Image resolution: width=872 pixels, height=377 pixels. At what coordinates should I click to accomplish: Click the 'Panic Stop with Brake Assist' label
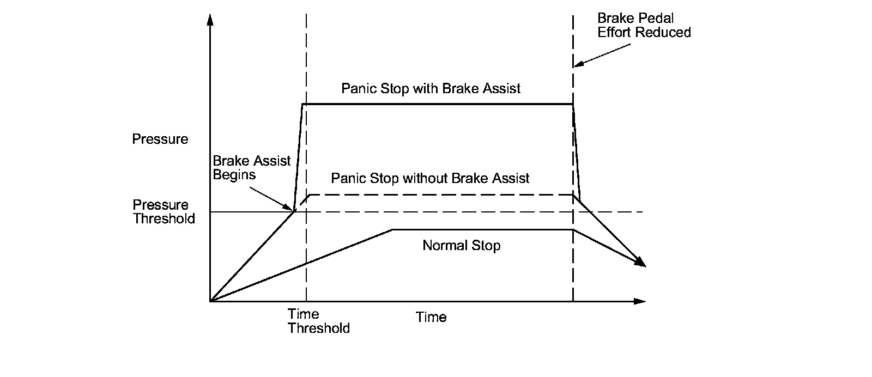pyautogui.click(x=431, y=88)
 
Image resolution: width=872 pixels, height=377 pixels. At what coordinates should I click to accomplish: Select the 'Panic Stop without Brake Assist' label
pyautogui.click(x=430, y=178)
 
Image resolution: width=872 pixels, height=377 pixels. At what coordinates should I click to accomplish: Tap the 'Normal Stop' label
pyautogui.click(x=461, y=246)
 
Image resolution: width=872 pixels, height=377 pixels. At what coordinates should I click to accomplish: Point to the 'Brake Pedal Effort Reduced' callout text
pyautogui.click(x=644, y=25)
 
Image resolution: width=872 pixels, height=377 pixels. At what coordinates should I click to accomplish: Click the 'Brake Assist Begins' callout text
pyautogui.click(x=251, y=168)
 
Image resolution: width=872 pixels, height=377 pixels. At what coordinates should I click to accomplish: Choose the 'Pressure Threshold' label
pyautogui.click(x=163, y=212)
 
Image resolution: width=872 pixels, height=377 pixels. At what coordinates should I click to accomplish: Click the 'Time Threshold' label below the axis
pyautogui.click(x=318, y=321)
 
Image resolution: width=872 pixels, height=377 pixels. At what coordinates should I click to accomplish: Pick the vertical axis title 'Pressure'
pyautogui.click(x=160, y=139)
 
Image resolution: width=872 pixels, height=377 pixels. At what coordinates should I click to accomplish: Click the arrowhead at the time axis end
pyautogui.click(x=640, y=301)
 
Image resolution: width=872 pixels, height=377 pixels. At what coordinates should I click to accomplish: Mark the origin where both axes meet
pyautogui.click(x=210, y=301)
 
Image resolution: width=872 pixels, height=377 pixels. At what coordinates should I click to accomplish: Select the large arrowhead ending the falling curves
pyautogui.click(x=640, y=263)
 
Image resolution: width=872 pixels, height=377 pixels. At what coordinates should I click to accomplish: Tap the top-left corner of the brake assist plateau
pyautogui.click(x=302, y=104)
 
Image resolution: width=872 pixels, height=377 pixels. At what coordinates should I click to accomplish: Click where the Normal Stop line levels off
pyautogui.click(x=392, y=230)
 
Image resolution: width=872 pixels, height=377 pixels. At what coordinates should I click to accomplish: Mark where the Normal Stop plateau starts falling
pyautogui.click(x=573, y=230)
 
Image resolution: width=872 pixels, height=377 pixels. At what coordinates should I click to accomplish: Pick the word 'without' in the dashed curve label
pyautogui.click(x=422, y=178)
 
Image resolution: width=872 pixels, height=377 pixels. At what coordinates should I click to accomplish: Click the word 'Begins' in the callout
pyautogui.click(x=234, y=175)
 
